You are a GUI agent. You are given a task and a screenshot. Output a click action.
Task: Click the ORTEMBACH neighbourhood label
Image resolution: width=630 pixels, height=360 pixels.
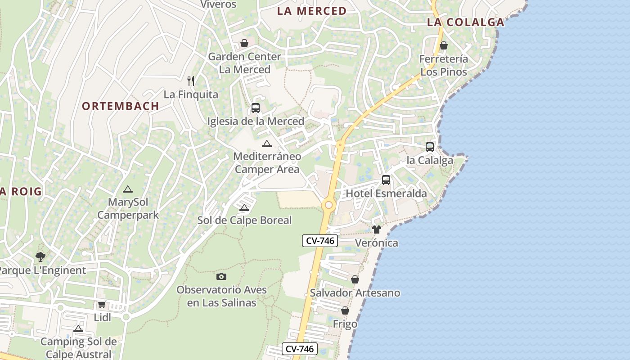point(121,106)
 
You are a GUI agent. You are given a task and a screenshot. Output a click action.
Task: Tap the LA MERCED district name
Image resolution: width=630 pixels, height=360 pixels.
point(312,11)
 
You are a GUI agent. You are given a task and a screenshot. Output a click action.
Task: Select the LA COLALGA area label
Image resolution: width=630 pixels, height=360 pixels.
point(465,22)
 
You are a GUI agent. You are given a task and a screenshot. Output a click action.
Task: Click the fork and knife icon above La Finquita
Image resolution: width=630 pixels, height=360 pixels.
point(191,81)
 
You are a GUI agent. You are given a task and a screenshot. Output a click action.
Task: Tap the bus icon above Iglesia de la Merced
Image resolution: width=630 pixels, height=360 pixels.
point(256,108)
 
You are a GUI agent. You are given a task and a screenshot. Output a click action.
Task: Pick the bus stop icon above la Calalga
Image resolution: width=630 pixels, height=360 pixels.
point(430,147)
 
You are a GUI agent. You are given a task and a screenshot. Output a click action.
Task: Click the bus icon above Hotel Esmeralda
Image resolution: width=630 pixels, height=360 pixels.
point(386,180)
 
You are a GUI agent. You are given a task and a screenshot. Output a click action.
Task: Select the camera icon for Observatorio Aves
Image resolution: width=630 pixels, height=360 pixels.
point(221,276)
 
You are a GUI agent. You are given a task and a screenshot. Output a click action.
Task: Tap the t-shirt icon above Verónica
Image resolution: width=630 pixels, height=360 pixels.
point(377,229)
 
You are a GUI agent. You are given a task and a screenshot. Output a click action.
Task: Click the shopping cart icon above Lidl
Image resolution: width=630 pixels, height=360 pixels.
point(102,304)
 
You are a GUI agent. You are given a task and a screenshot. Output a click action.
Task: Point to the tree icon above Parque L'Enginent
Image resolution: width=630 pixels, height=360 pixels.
point(40,257)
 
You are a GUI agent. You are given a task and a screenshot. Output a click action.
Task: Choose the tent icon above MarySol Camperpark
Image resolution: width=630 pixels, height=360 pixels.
point(128,189)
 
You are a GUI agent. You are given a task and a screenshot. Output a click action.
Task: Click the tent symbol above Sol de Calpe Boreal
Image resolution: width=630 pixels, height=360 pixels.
point(244,207)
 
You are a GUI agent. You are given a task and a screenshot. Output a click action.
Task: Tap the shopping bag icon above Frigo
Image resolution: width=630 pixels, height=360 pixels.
point(345,310)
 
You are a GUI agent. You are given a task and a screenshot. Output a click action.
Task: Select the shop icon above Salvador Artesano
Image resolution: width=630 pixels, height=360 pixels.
point(355,279)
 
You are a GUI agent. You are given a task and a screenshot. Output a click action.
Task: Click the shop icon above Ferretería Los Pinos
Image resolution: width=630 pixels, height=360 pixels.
point(444,45)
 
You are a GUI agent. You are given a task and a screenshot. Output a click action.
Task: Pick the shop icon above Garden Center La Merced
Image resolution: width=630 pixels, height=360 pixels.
point(244,43)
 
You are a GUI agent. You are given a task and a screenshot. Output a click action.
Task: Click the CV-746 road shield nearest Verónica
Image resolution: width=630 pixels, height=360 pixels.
point(320,241)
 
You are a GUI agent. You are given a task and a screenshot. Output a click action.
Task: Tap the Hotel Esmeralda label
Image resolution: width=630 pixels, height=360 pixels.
point(386,194)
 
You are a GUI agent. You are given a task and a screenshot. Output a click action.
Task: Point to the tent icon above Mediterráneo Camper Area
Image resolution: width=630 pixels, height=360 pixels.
point(267,144)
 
